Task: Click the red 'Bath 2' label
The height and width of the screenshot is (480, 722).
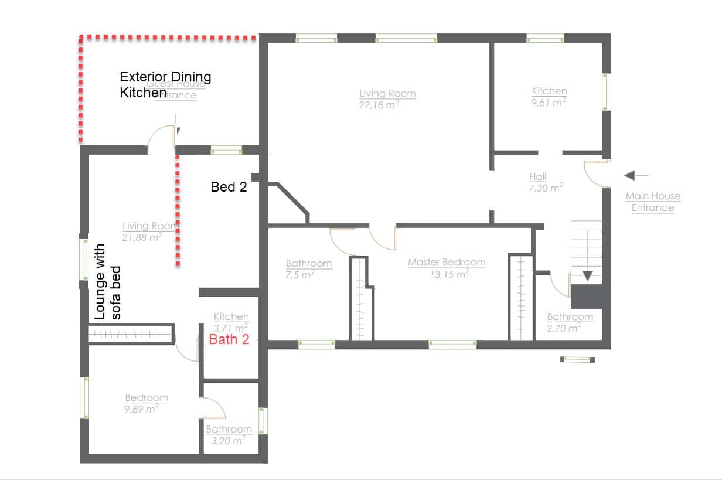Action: (x=230, y=339)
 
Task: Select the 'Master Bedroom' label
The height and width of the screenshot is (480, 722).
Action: (x=447, y=262)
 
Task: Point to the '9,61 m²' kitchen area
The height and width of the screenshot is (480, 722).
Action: (x=549, y=102)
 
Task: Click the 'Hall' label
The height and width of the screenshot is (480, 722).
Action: (x=537, y=176)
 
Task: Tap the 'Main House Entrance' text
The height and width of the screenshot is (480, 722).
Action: (x=653, y=202)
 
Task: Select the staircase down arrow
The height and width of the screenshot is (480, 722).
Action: (x=587, y=276)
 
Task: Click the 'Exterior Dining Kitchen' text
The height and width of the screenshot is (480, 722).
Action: (x=165, y=84)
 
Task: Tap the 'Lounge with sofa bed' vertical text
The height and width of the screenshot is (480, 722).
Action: (x=107, y=281)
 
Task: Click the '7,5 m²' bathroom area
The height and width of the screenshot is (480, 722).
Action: (x=300, y=274)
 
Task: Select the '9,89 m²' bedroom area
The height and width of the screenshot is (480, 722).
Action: (x=141, y=408)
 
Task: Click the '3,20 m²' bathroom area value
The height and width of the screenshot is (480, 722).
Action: (x=228, y=440)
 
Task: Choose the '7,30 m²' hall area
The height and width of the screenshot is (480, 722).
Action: (x=546, y=188)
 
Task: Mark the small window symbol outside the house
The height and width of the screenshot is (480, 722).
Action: (x=577, y=359)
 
